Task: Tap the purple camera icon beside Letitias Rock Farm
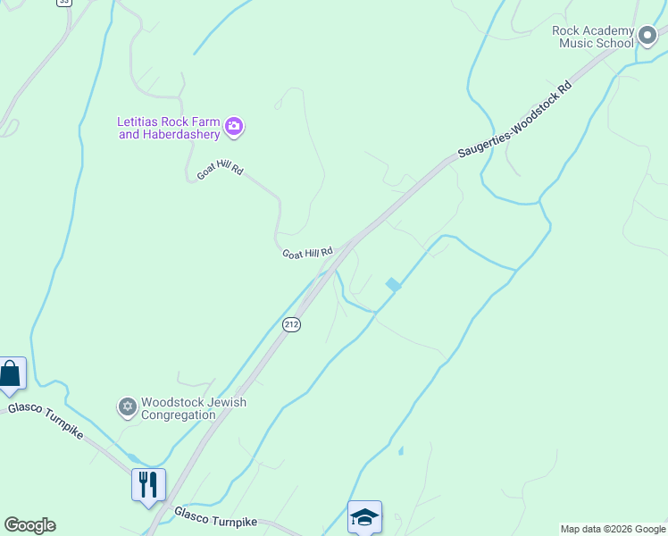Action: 234,127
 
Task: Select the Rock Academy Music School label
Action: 593,37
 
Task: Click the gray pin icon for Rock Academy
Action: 648,37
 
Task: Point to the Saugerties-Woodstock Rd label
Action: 514,122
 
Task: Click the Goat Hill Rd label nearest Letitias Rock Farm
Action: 220,170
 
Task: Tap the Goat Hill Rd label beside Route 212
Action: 307,254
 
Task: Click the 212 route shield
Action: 291,324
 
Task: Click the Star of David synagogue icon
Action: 127,407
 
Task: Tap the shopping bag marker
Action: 11,373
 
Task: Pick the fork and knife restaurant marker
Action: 147,485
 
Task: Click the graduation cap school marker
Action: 364,516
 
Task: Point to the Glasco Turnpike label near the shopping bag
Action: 46,421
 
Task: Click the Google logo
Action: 29,525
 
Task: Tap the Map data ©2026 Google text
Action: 613,529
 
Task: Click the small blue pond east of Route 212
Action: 393,284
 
